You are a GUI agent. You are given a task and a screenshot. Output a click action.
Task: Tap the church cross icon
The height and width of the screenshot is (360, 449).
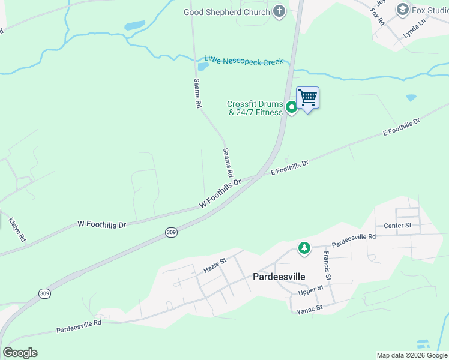pyautogui.click(x=279, y=11)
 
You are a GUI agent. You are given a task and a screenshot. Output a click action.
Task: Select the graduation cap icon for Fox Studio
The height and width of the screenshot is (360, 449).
pyautogui.click(x=402, y=10)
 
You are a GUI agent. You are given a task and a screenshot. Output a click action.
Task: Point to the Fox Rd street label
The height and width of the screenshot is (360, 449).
pyautogui.click(x=377, y=16)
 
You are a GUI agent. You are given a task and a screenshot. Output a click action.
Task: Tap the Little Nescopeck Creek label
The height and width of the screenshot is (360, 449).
pyautogui.click(x=243, y=61)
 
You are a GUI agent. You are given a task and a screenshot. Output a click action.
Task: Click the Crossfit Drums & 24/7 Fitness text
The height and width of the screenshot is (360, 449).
pyautogui.click(x=255, y=109)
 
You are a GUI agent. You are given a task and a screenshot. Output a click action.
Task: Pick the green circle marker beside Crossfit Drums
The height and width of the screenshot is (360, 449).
pyautogui.click(x=291, y=107)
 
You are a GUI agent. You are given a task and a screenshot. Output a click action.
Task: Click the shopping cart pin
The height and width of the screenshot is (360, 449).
pyautogui.click(x=307, y=98)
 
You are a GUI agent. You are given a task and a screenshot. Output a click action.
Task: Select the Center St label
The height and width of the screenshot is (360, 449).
pyautogui.click(x=397, y=226)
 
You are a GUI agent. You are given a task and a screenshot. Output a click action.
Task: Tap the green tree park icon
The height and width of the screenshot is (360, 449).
pyautogui.click(x=304, y=248)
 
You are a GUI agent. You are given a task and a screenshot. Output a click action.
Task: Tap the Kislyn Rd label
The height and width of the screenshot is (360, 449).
pyautogui.click(x=17, y=230)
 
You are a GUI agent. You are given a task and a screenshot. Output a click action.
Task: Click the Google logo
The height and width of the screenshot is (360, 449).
pyautogui.click(x=20, y=353)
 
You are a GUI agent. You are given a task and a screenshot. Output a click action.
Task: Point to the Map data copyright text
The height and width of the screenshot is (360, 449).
pyautogui.click(x=412, y=355)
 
